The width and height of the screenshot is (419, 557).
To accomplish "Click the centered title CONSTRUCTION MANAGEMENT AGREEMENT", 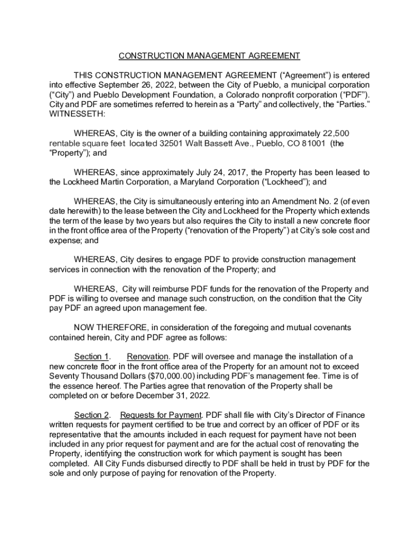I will click(x=209, y=55).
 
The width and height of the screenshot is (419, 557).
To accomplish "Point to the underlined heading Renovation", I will click(x=147, y=357).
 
